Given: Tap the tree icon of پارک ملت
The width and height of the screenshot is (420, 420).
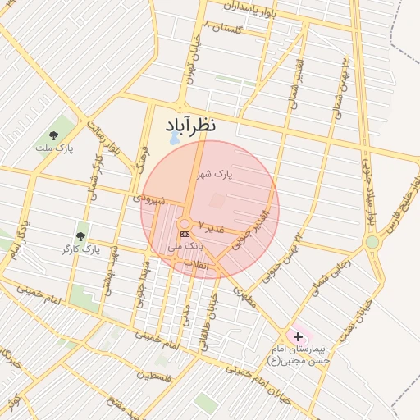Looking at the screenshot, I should [54, 134].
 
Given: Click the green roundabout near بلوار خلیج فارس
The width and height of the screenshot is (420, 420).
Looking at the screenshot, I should [373, 242].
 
